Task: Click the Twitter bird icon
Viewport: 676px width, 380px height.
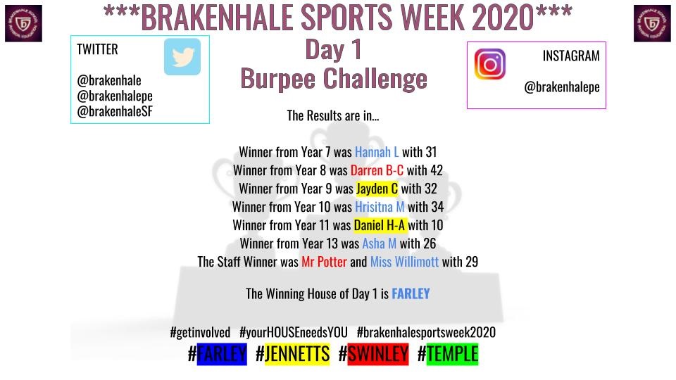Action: click(x=182, y=57)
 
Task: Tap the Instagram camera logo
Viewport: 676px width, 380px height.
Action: click(x=490, y=64)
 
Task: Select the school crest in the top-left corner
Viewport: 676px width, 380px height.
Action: click(x=23, y=23)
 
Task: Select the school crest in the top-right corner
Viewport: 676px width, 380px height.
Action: click(x=652, y=23)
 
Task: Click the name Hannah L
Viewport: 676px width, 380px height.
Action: click(x=377, y=152)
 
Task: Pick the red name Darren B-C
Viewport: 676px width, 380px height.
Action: click(x=377, y=170)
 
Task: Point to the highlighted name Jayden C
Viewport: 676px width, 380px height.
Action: click(x=377, y=189)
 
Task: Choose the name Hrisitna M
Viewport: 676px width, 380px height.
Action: click(x=380, y=207)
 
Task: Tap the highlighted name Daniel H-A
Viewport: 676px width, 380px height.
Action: click(x=380, y=225)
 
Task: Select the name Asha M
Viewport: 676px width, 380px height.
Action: click(x=380, y=243)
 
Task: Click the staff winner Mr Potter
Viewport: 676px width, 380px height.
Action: click(x=324, y=262)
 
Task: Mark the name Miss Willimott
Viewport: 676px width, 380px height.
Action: click(x=404, y=262)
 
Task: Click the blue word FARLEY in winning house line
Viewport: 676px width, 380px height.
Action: click(x=411, y=293)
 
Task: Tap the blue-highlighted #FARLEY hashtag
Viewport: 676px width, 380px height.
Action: click(x=218, y=354)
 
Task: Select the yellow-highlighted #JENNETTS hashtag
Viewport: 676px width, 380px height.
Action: click(x=292, y=354)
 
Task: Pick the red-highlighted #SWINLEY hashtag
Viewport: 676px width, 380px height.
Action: click(x=373, y=354)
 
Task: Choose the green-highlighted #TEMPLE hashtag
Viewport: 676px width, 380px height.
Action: click(x=448, y=354)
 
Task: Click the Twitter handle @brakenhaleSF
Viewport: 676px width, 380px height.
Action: click(x=115, y=111)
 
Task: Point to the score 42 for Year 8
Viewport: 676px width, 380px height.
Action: click(x=435, y=170)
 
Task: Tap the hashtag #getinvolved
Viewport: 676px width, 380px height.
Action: click(x=200, y=332)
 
